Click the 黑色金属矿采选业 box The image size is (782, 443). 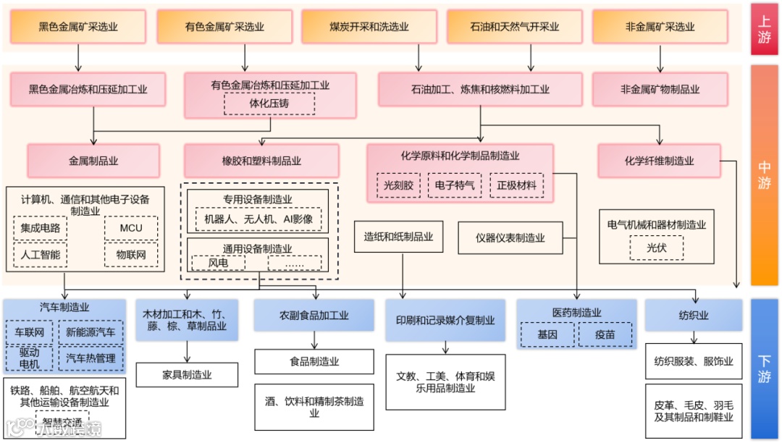(x=78, y=27)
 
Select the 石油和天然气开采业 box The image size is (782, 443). (x=514, y=27)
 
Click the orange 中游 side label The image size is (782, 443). (x=764, y=174)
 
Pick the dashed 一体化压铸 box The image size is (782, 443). (x=269, y=104)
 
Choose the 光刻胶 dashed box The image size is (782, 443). (x=398, y=185)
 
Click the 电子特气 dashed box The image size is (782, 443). (x=454, y=185)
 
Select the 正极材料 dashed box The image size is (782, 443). (x=516, y=185)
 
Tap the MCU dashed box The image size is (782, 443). (x=131, y=228)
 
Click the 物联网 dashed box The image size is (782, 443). (x=131, y=255)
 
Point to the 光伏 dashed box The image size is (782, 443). (x=656, y=248)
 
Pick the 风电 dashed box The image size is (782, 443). (x=218, y=263)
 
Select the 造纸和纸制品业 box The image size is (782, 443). (x=398, y=237)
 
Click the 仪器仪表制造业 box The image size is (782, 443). (x=510, y=237)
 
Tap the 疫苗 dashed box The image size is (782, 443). (x=605, y=334)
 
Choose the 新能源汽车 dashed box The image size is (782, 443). (x=91, y=333)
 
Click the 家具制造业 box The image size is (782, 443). (x=187, y=374)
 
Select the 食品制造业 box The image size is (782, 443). (x=314, y=361)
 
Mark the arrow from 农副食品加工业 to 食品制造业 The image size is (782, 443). (x=314, y=341)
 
